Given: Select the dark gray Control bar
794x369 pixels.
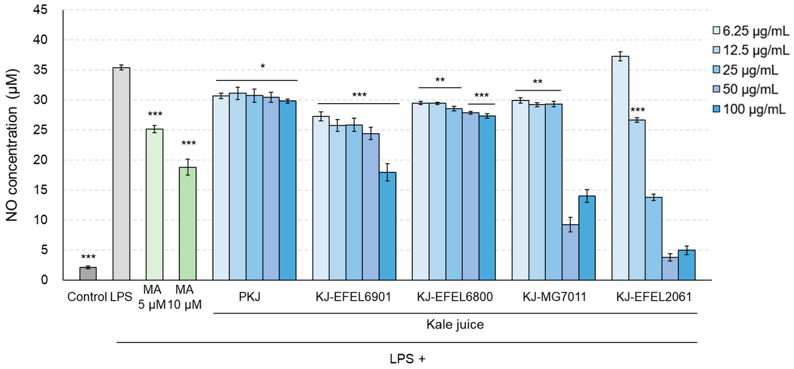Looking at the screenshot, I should coord(88,274).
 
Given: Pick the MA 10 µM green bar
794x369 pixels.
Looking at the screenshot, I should coord(187,223).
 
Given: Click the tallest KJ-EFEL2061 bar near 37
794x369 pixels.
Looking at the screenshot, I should coord(620,168).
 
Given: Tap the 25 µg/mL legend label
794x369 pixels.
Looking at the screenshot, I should coord(750,70).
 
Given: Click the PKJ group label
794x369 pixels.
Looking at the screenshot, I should coord(249,297).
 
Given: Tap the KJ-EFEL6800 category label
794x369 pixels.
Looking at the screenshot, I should coord(455,297).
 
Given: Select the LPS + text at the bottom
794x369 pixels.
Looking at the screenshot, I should coord(407,359).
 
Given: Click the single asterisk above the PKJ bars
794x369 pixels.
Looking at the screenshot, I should coord(263,66).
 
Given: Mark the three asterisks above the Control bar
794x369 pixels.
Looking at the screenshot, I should coord(88,257).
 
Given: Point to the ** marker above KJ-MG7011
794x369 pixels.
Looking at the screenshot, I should coord(538,82).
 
